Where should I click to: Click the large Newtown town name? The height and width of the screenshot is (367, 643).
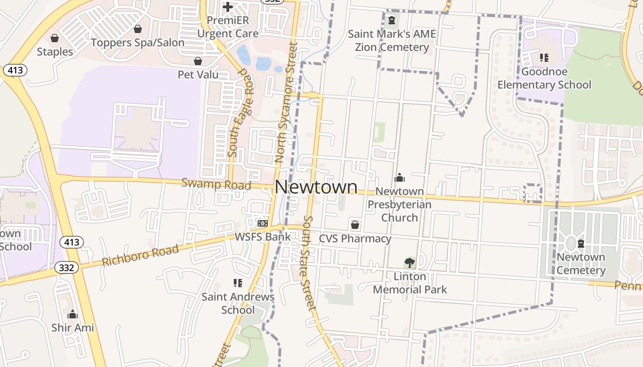click(x=316, y=187)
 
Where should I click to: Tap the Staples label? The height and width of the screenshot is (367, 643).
click(x=55, y=52)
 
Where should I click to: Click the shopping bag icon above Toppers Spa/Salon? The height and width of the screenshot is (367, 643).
click(x=137, y=29)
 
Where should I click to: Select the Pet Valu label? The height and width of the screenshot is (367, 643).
click(x=198, y=74)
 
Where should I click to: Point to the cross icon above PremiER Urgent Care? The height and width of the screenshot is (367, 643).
click(x=227, y=7)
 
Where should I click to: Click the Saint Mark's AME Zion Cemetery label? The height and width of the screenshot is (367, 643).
click(x=392, y=40)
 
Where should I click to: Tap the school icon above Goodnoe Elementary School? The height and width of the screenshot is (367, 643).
click(x=544, y=58)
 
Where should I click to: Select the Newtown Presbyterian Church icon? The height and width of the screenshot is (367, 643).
click(x=400, y=178)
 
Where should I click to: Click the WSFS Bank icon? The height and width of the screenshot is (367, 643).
click(x=263, y=223)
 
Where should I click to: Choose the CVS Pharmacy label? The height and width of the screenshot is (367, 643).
click(x=355, y=239)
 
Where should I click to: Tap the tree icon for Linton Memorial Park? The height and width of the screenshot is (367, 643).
click(x=409, y=263)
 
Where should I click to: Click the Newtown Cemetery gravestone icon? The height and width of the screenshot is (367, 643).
click(x=581, y=243)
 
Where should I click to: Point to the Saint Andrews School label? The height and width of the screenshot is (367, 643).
click(x=238, y=303)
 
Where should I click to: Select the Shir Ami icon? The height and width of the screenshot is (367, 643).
click(x=73, y=315)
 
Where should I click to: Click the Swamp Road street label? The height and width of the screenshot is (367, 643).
click(x=216, y=184)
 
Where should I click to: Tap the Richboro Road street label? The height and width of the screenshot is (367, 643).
click(x=140, y=256)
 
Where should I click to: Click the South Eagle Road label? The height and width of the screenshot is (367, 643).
click(x=241, y=113)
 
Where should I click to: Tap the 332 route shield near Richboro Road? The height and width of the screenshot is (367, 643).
click(x=67, y=267)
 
